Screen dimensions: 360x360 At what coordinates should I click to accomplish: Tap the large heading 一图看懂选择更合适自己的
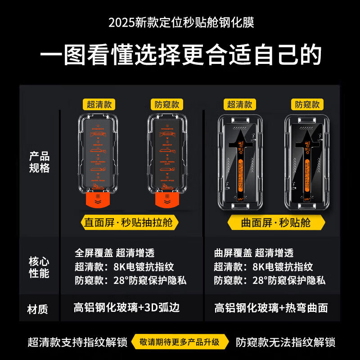click(x=180, y=55)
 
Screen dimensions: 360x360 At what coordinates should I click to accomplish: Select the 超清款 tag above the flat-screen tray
click(x=99, y=104)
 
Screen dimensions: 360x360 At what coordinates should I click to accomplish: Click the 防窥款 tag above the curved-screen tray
click(x=307, y=104)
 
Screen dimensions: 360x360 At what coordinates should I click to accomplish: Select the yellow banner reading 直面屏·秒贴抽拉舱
click(x=130, y=222)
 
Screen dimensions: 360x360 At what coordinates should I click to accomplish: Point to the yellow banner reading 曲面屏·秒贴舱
click(x=275, y=222)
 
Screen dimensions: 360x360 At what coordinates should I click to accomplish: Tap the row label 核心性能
click(x=40, y=267)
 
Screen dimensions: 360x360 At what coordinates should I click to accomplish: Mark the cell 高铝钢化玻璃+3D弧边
click(x=127, y=308)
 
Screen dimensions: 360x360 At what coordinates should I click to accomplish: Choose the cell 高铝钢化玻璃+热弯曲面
click(x=271, y=308)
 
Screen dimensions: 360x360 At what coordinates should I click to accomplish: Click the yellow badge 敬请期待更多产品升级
click(x=180, y=342)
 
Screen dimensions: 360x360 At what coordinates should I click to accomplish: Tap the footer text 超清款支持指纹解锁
click(x=76, y=342)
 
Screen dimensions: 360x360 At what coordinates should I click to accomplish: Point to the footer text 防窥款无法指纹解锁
click(x=286, y=342)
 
